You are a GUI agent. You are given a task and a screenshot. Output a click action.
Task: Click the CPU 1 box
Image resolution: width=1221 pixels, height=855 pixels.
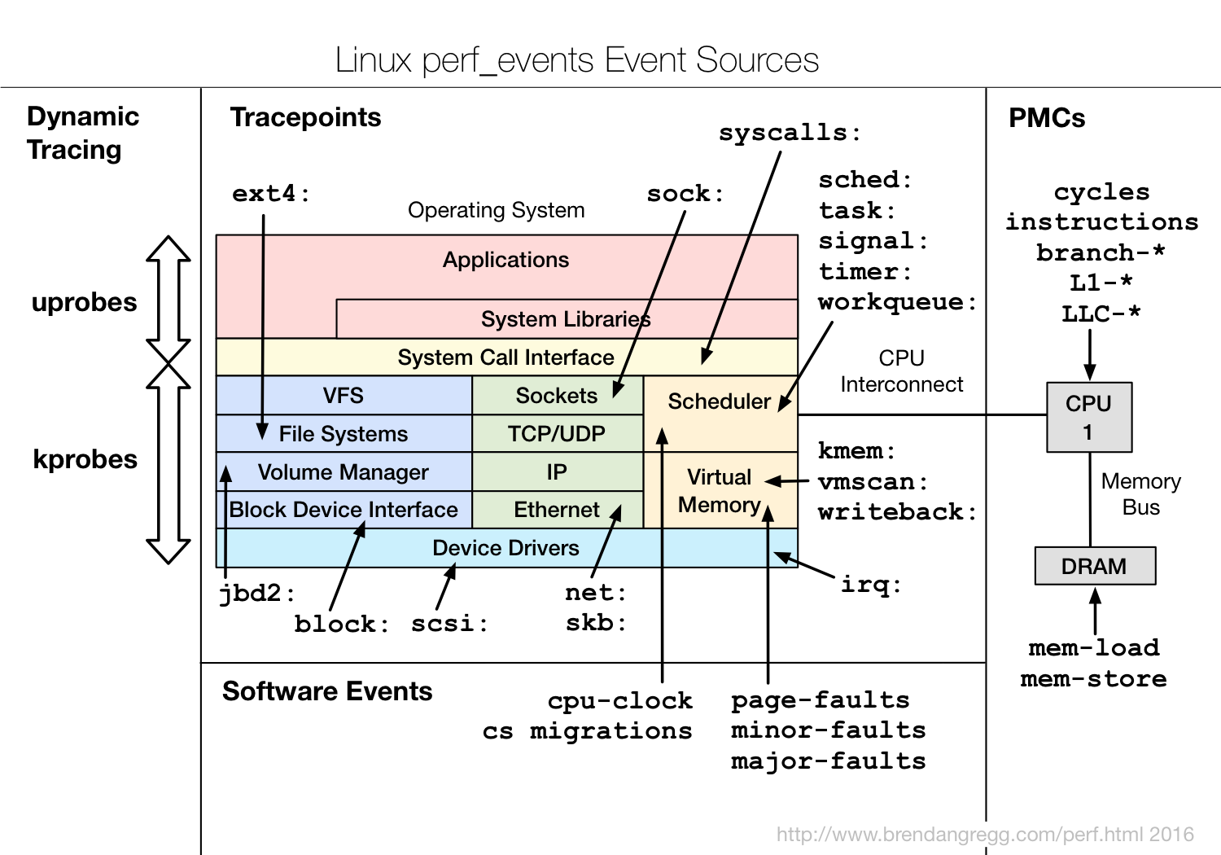pos(1088,417)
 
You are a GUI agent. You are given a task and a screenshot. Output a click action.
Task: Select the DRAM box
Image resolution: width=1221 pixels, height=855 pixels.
pos(1094,566)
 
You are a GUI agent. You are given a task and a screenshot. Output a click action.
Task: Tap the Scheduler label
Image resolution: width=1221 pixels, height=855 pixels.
pos(718,401)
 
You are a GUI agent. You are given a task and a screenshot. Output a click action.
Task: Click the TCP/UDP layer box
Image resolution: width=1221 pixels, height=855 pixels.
pos(557,434)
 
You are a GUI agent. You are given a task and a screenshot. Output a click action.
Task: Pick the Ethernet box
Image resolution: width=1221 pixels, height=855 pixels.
pos(557,510)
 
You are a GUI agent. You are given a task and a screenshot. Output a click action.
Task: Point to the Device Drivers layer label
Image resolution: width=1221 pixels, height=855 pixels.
pos(505,548)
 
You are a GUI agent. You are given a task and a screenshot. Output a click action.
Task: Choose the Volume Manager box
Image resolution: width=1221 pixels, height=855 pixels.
pos(343,472)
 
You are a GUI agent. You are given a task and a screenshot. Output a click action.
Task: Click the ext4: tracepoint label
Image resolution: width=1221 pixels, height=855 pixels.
pos(270,194)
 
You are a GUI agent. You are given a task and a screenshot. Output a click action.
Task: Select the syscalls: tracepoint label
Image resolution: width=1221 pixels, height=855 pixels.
pos(789,133)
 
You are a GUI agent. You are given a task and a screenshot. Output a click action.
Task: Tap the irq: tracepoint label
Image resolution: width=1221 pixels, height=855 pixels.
pos(870,585)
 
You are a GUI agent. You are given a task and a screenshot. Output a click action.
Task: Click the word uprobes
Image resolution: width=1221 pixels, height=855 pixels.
pos(84,302)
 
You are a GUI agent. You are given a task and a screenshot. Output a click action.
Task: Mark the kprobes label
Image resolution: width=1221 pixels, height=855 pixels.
pos(85,459)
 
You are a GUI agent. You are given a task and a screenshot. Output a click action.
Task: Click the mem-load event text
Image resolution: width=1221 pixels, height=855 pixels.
pos(1093,648)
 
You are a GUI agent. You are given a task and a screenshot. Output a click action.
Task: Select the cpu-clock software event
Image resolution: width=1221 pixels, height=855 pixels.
pos(619,700)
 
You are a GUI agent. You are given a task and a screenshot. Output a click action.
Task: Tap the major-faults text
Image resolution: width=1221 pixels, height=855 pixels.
pos(828,761)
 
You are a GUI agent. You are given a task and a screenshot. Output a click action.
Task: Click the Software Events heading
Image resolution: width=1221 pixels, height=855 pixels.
pos(327,691)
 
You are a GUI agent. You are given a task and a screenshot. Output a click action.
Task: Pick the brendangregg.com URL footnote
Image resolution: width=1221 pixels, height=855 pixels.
pos(985,835)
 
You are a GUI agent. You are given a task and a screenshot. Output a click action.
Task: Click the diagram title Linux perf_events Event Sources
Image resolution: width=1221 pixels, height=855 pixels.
pos(576,60)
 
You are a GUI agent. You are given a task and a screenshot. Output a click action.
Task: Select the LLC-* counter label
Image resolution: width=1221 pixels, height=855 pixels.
pos(1101,314)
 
